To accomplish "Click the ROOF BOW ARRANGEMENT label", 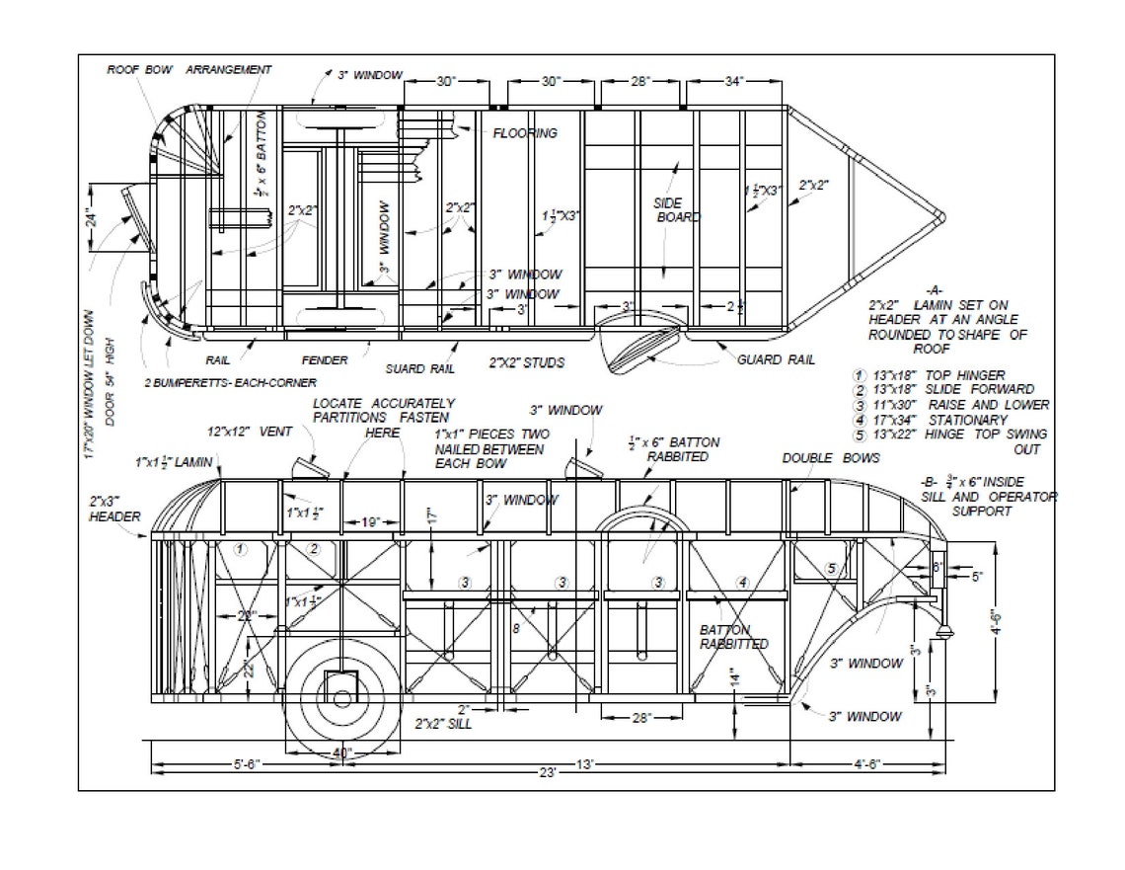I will [x=188, y=70].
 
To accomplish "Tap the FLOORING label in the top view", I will [x=524, y=133].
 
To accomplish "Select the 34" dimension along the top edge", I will [x=734, y=82].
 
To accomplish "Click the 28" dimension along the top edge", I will [x=640, y=82].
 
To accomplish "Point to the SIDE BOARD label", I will [x=676, y=210].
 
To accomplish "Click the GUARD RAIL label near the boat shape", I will [x=776, y=360].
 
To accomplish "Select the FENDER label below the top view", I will [x=325, y=360].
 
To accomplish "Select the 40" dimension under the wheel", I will [x=341, y=753].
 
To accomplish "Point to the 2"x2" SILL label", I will [x=443, y=724].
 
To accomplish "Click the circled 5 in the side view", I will [x=831, y=568].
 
